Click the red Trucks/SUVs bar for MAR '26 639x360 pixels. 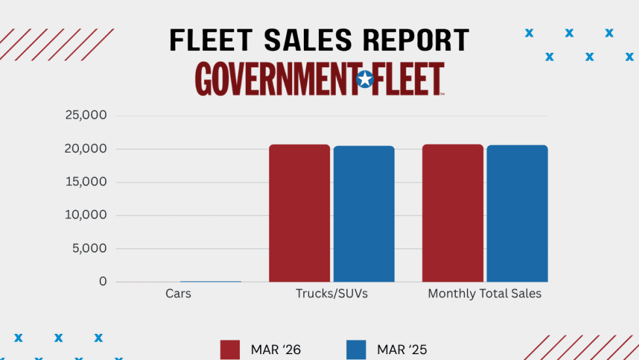pyautogui.click(x=299, y=213)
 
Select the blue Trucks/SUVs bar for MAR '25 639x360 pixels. pyautogui.click(x=364, y=214)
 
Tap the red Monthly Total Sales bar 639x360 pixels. pyautogui.click(x=453, y=213)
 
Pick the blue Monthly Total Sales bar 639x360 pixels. pyautogui.click(x=517, y=213)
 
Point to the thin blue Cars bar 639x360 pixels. pyautogui.click(x=210, y=281)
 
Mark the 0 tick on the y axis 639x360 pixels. pyautogui.click(x=103, y=282)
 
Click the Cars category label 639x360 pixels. pyautogui.click(x=178, y=294)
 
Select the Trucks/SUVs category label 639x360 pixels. pyautogui.click(x=332, y=294)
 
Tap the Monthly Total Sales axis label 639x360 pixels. pyautogui.click(x=484, y=294)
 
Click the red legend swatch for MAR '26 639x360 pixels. pyautogui.click(x=231, y=350)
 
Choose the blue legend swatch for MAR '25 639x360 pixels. pyautogui.click(x=356, y=350)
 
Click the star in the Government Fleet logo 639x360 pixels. pyautogui.click(x=365, y=80)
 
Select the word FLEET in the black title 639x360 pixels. pyautogui.click(x=207, y=40)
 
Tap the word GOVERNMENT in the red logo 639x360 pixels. pyautogui.click(x=275, y=80)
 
